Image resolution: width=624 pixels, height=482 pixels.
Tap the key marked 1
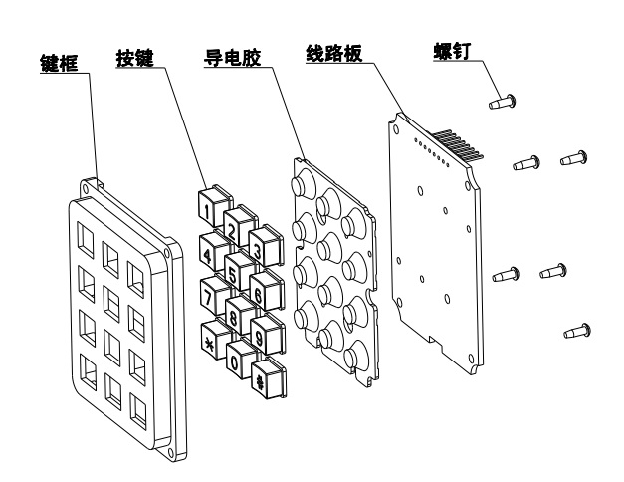[206, 210]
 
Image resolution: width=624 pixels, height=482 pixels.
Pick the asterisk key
[210, 342]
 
